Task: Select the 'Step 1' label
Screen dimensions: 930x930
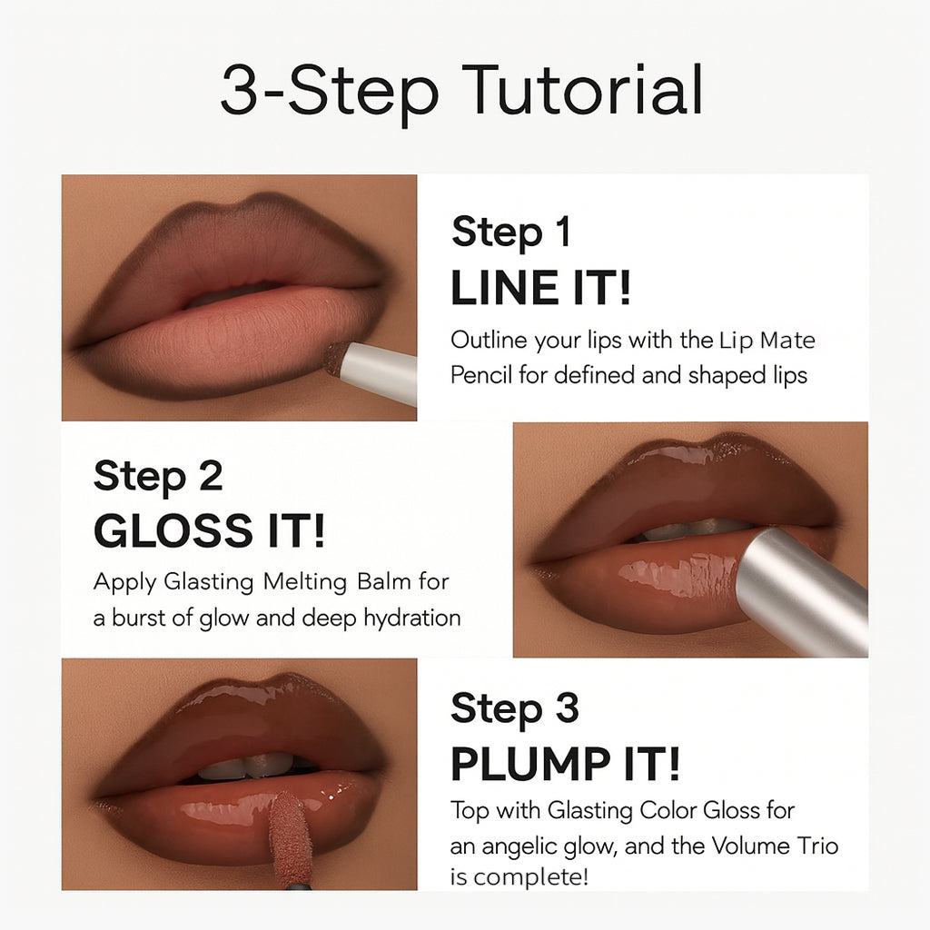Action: point(510,232)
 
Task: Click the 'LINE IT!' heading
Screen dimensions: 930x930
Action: point(540,289)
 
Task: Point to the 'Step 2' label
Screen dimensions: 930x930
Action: point(157,476)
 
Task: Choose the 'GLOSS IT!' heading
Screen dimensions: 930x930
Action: point(208,532)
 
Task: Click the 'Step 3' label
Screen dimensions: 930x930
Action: point(514,708)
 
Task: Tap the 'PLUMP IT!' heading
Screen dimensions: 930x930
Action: point(565,766)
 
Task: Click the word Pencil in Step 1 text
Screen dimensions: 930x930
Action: point(481,375)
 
